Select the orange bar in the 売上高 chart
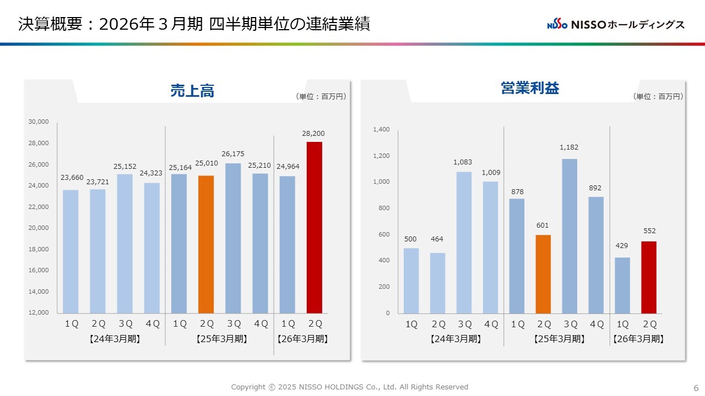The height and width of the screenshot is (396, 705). [206, 244]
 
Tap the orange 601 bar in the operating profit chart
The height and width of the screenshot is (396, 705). [543, 274]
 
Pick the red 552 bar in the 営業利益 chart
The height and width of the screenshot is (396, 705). [649, 277]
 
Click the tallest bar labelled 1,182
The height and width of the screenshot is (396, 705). [570, 236]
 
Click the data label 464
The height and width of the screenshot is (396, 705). [437, 239]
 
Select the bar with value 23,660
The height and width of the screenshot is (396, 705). [70, 251]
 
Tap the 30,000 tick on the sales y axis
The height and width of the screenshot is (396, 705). [39, 122]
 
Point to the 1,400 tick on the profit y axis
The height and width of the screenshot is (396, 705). [381, 130]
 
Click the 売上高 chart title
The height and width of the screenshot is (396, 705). [192, 91]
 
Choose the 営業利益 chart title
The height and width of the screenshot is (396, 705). [530, 89]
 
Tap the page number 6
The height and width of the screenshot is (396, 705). [696, 387]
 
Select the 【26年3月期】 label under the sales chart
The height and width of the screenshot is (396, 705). [303, 339]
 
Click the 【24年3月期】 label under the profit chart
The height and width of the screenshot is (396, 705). [455, 339]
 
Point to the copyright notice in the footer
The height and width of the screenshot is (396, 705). [349, 387]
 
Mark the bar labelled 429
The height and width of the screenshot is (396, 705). [622, 285]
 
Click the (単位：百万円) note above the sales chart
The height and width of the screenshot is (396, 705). [321, 96]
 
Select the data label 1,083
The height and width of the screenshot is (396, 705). [463, 162]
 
